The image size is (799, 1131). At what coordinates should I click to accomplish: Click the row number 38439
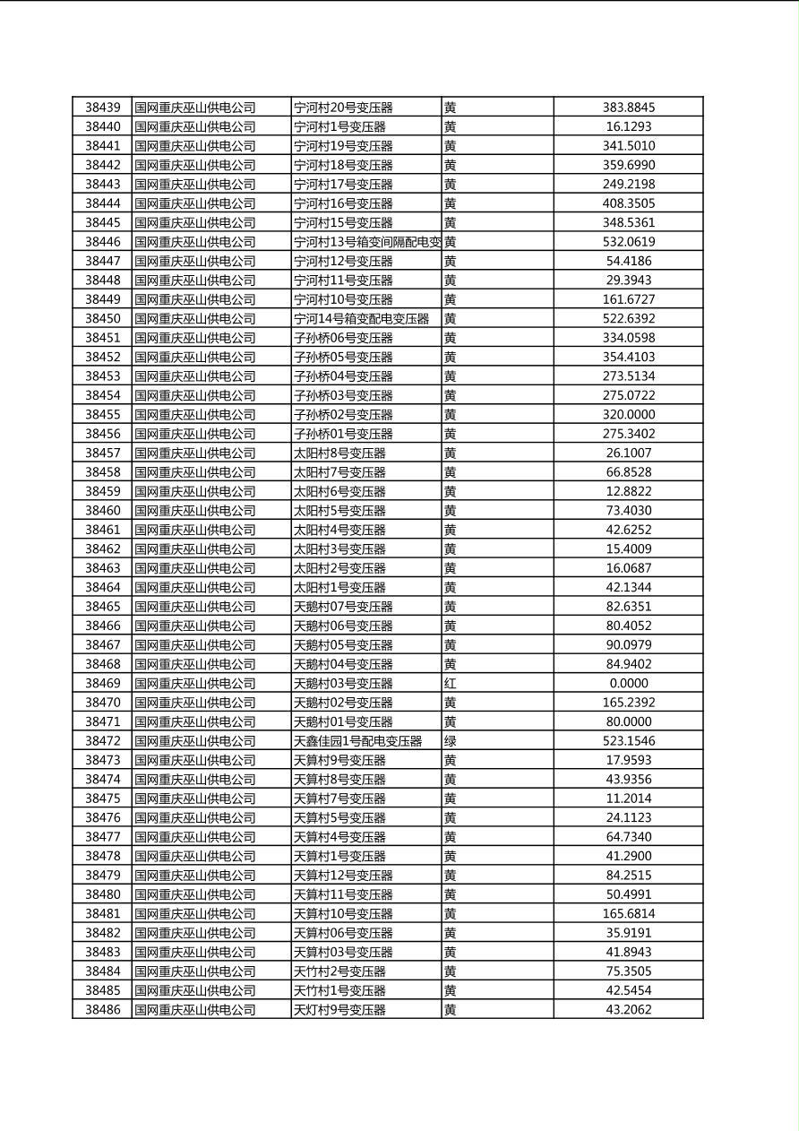click(102, 108)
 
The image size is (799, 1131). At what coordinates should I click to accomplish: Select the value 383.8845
click(628, 108)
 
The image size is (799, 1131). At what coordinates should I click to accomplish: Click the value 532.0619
click(628, 242)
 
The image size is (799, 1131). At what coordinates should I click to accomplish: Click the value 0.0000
click(628, 683)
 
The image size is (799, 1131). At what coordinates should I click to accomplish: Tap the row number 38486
click(102, 1010)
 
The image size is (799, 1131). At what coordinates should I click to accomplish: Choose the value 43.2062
click(628, 1010)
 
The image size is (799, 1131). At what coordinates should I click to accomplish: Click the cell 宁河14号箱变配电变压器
click(362, 319)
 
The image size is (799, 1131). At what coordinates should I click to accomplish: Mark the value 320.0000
click(628, 415)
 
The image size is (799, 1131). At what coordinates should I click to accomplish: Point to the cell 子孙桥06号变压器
click(344, 338)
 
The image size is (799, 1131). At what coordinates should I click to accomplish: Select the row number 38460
click(102, 511)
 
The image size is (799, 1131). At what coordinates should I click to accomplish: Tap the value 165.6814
click(628, 914)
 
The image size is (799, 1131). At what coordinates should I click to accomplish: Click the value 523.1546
click(628, 741)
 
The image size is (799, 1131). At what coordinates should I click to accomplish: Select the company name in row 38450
click(195, 319)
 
